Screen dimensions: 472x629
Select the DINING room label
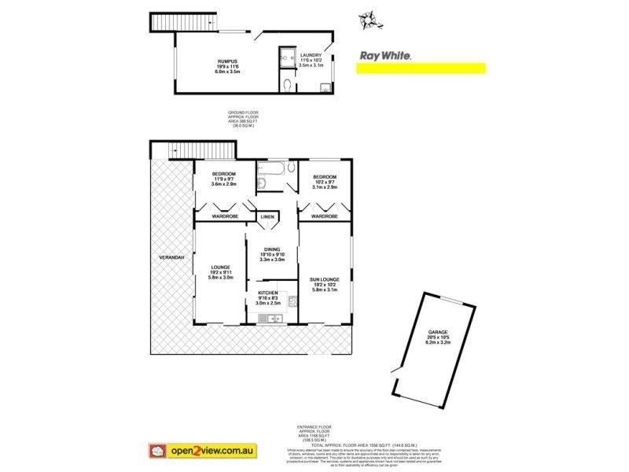coord(272,249)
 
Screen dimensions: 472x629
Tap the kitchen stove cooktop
coord(290,301)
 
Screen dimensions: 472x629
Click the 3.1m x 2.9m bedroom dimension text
coord(324,187)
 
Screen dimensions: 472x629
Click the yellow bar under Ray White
coord(421,68)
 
